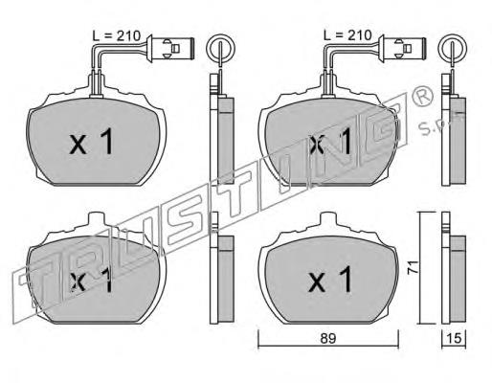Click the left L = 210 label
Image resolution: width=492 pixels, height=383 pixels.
point(116,35)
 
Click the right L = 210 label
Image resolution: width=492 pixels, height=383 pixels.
point(347,35)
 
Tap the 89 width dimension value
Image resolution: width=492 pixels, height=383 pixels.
point(328,338)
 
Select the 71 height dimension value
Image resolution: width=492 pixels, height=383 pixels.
point(413,267)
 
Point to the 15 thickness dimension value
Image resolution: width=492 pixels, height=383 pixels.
point(455,338)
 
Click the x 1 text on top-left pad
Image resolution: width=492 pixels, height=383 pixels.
point(92,142)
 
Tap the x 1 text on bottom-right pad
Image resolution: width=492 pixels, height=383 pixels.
point(330,280)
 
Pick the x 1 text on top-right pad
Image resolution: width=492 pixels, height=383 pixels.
point(330,142)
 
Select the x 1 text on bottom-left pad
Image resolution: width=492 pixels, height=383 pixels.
point(92,280)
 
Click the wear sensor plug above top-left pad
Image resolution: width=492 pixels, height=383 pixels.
point(170,48)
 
